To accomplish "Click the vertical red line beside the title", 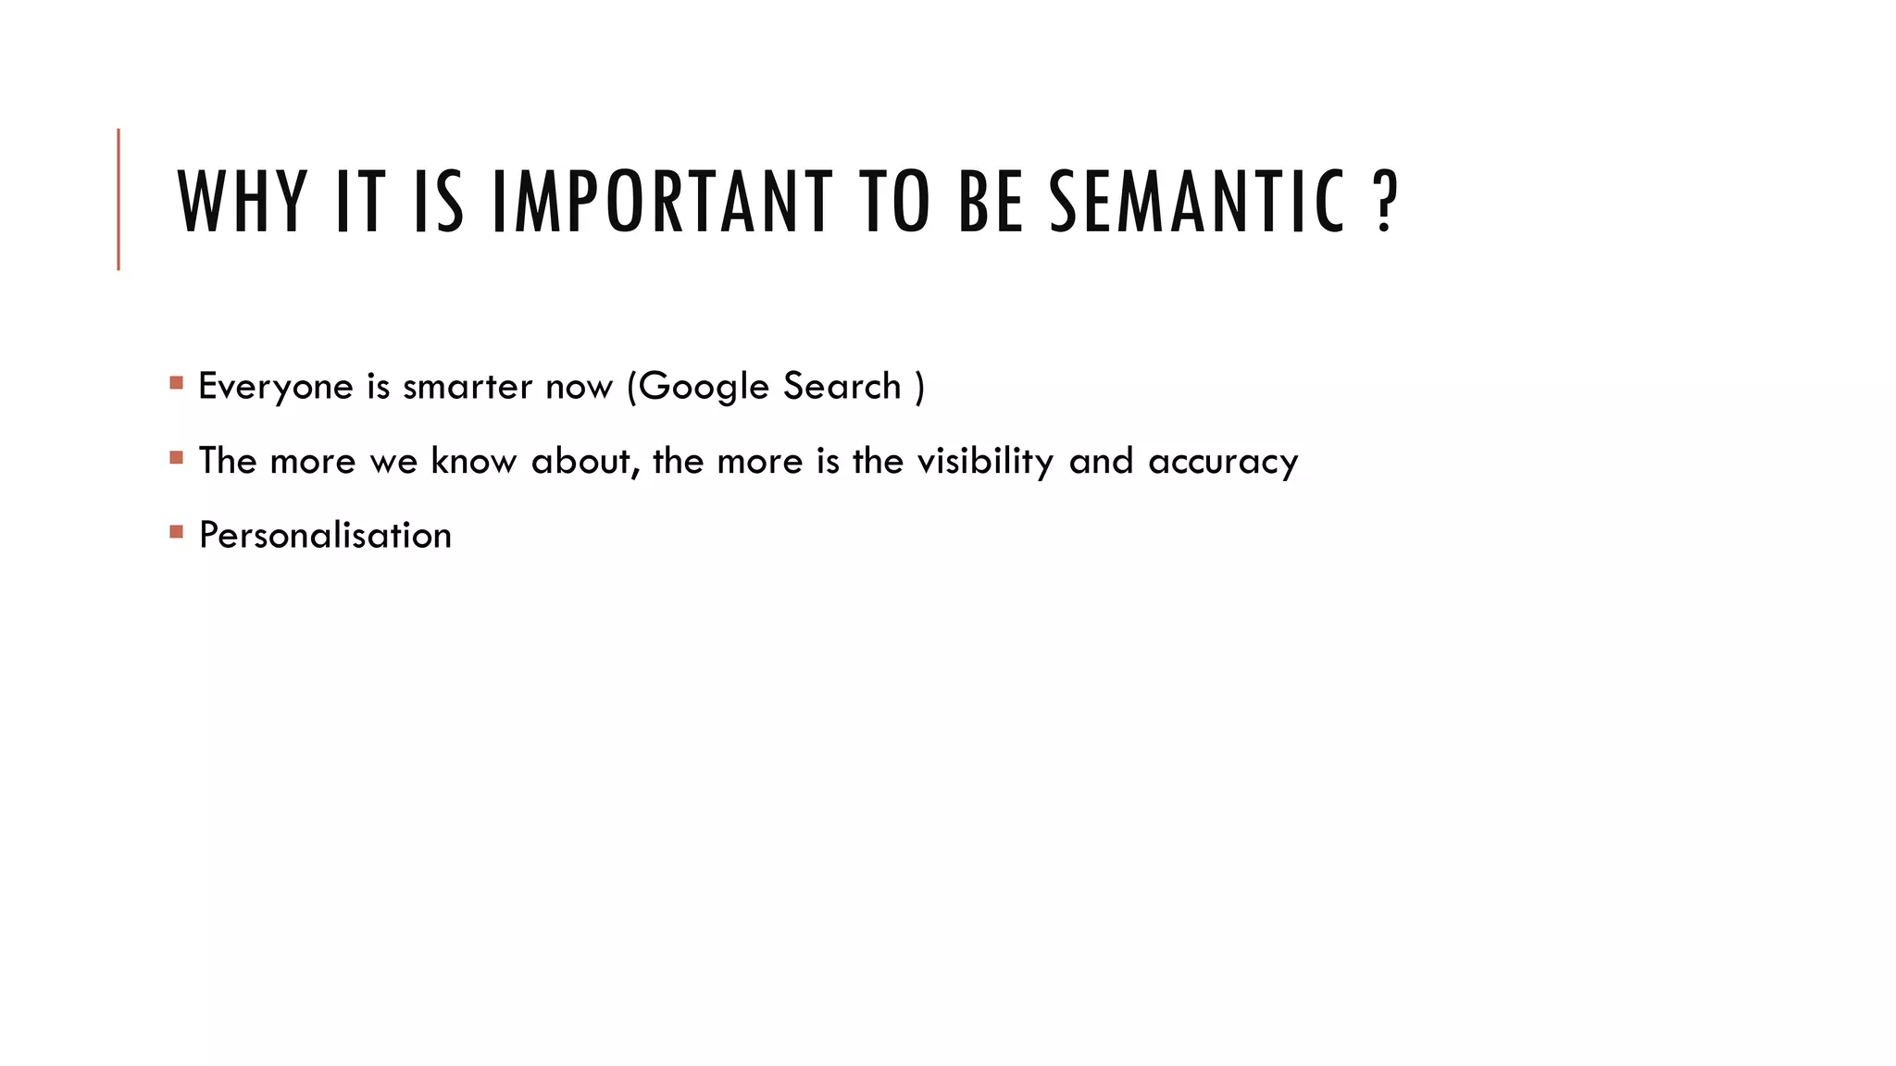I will pyautogui.click(x=118, y=199).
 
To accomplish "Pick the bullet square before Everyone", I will pyautogui.click(x=177, y=382).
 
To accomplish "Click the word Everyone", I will pyautogui.click(x=276, y=387).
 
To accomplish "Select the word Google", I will pyautogui.click(x=705, y=387).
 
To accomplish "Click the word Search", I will pyautogui.click(x=842, y=386).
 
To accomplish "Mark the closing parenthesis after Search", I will pyautogui.click(x=919, y=387).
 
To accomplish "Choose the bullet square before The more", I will pyautogui.click(x=177, y=457).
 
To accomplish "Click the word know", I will pyautogui.click(x=473, y=461).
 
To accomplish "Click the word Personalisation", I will pyautogui.click(x=325, y=536).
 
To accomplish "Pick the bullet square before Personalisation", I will pyautogui.click(x=177, y=531).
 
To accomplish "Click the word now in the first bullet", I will pyautogui.click(x=579, y=387).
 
